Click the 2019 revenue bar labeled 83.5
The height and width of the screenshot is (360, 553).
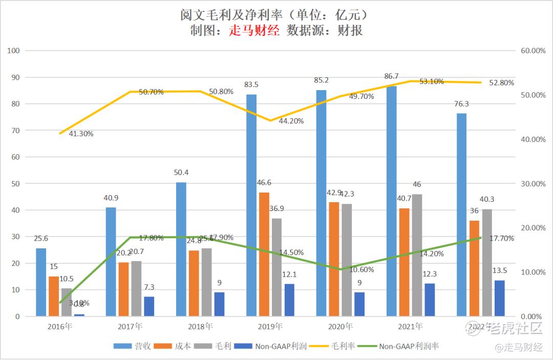pyautogui.click(x=251, y=205)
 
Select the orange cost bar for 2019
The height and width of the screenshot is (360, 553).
pyautogui.click(x=264, y=254)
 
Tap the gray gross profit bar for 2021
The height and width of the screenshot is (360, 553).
pyautogui.click(x=417, y=255)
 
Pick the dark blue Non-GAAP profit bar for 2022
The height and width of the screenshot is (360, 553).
pyautogui.click(x=499, y=298)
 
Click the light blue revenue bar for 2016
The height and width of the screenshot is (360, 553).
pyautogui.click(x=41, y=282)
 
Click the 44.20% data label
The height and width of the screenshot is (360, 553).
pyautogui.click(x=291, y=121)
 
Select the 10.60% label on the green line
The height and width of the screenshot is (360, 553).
pyautogui.click(x=361, y=270)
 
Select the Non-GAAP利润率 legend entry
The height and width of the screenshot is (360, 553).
pyautogui.click(x=401, y=346)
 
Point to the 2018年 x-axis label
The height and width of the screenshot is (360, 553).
pyautogui.click(x=200, y=326)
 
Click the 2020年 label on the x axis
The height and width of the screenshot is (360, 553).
pyautogui.click(x=340, y=326)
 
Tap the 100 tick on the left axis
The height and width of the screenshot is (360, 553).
pyautogui.click(x=14, y=51)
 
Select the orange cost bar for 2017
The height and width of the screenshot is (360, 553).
pyautogui.click(x=123, y=289)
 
